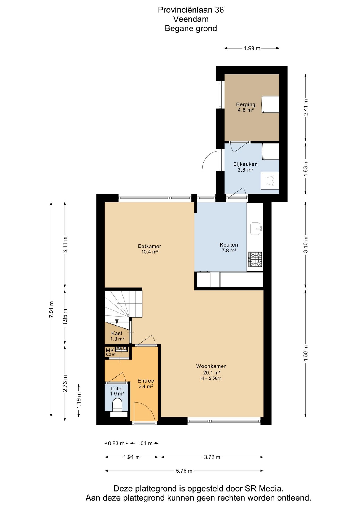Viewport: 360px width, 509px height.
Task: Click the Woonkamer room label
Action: click(211, 366)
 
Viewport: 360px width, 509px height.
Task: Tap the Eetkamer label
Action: click(150, 246)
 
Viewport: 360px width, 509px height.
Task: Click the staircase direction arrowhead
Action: click(117, 322)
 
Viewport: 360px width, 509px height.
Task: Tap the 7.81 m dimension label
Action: click(51, 309)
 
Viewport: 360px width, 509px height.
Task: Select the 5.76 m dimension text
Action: click(184, 471)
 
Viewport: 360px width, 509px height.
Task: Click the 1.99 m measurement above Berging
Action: click(252, 48)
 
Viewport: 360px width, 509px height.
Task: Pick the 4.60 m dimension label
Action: click(306, 353)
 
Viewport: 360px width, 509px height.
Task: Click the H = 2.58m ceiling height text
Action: click(211, 378)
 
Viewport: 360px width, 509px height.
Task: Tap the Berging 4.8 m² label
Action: click(246, 107)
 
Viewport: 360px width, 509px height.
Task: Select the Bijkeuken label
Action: click(245, 164)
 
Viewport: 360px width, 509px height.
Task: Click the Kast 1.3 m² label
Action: click(117, 336)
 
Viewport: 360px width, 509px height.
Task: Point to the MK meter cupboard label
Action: click(110, 350)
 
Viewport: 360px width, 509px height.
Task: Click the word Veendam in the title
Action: click(191, 19)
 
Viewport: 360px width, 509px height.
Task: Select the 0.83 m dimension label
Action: click(116, 443)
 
